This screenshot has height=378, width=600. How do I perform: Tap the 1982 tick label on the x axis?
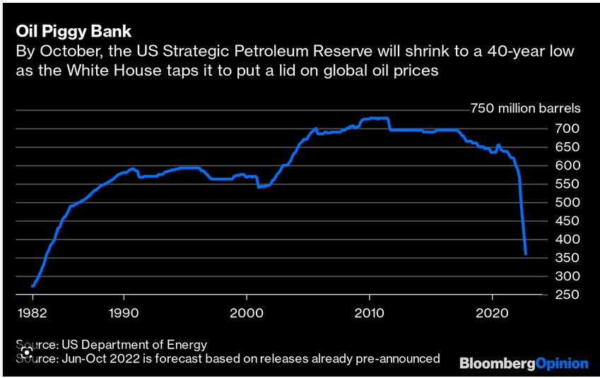(31, 312)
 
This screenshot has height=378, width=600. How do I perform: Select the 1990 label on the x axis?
(123, 312)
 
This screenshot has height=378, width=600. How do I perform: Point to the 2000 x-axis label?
(247, 312)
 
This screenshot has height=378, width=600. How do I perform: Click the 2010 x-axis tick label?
(369, 312)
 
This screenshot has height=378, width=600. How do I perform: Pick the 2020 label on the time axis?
(492, 312)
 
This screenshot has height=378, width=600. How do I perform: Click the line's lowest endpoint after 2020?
(526, 254)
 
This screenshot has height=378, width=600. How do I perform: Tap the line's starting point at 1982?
(33, 286)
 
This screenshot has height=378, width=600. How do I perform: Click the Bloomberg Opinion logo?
(524, 363)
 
